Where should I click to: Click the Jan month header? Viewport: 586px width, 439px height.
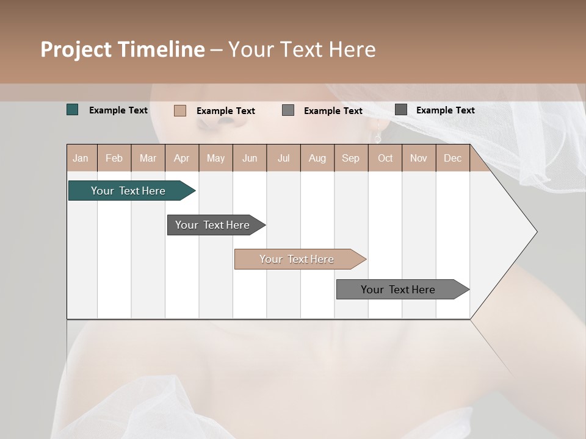81,158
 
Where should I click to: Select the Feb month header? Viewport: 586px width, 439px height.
114,158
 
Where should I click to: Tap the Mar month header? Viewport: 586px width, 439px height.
148,158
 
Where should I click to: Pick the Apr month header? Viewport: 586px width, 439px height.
182,158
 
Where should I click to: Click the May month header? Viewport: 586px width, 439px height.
215,158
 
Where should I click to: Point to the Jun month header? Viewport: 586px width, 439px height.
250,158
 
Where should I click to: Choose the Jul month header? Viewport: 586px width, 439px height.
283,158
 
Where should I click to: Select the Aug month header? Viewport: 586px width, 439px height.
317,158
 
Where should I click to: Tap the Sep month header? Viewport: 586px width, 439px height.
351,158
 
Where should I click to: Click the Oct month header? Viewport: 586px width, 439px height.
385,158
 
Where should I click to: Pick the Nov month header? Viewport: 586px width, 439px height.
419,158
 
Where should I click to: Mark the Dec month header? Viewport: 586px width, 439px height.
452,158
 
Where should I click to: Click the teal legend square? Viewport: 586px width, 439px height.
73,110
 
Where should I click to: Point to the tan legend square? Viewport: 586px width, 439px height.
180,110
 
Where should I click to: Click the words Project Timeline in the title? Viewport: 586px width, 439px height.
123,49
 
